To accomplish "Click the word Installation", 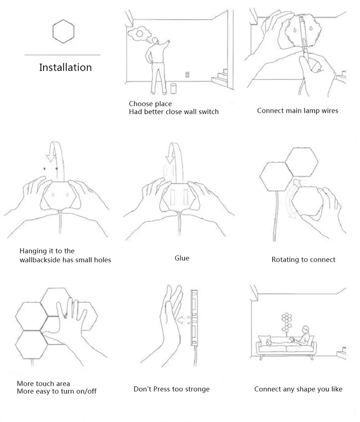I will [x=65, y=67].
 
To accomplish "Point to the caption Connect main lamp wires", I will [x=297, y=110].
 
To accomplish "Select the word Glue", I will [x=182, y=258].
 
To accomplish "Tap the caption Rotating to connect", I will [x=303, y=260].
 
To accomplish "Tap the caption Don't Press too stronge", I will [x=171, y=389].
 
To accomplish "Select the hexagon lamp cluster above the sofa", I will [x=287, y=321].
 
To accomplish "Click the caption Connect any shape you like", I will [x=298, y=389].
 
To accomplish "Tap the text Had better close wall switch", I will [x=173, y=112].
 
